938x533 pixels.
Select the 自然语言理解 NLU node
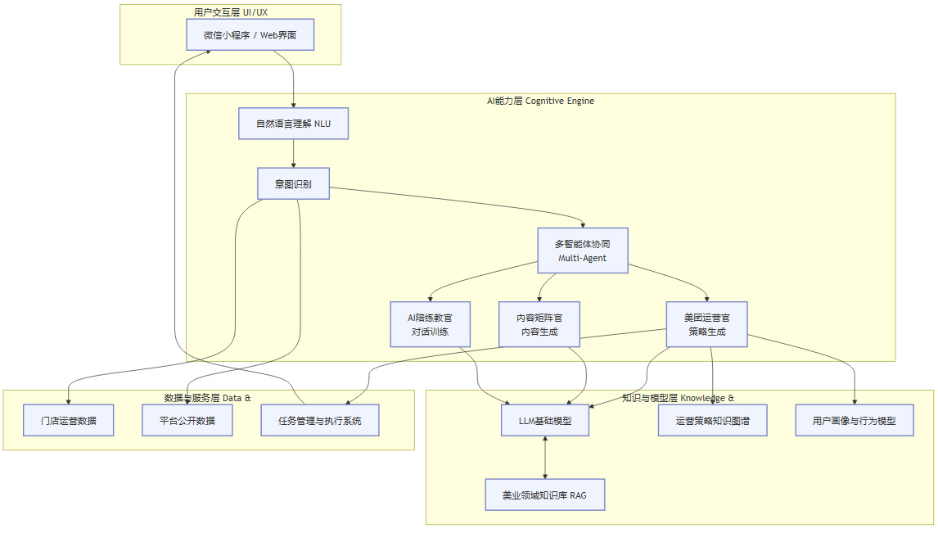click(x=293, y=124)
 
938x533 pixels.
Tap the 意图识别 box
click(x=294, y=184)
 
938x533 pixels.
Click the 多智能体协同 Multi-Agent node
click(x=582, y=251)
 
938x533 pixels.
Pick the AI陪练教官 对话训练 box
click(x=430, y=324)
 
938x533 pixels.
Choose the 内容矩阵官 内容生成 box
click(x=539, y=324)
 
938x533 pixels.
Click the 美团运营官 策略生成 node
click(x=706, y=324)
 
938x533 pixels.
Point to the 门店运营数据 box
click(x=69, y=421)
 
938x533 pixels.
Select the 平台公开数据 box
click(x=187, y=421)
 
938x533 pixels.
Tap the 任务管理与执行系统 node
click(x=319, y=421)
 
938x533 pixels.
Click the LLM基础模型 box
click(x=545, y=421)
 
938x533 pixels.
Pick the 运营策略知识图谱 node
click(x=712, y=421)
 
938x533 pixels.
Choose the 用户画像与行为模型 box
click(x=855, y=421)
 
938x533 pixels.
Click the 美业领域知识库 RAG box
click(x=545, y=495)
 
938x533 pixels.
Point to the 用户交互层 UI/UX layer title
click(x=230, y=11)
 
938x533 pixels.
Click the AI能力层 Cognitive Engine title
click(x=540, y=101)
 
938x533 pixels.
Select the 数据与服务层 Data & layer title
click(x=208, y=398)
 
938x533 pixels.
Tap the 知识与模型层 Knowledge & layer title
click(x=678, y=398)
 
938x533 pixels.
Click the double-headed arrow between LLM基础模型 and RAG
click(x=545, y=458)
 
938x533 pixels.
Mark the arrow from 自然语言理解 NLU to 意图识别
click(x=293, y=154)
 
